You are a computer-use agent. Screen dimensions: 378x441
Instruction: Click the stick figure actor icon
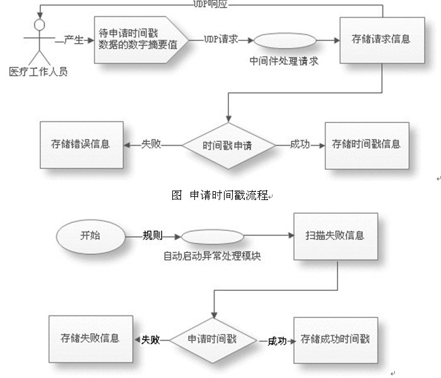pos(38,41)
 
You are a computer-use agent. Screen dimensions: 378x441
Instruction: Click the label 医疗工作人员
pos(38,71)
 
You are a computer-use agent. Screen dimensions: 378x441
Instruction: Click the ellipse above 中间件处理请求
pos(284,40)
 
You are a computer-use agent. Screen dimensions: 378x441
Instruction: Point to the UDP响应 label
pos(209,4)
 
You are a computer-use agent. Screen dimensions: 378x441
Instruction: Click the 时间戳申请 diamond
pos(228,145)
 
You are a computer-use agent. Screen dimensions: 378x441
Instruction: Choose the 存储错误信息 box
pos(80,144)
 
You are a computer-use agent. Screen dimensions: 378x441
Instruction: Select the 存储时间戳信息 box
pos(366,144)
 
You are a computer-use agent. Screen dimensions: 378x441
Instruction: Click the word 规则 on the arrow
pos(153,236)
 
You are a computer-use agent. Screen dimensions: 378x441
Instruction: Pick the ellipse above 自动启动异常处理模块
pos(212,237)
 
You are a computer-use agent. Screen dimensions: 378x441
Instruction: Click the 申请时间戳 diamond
pos(212,339)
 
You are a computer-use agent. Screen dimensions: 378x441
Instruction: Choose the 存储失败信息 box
pos(90,339)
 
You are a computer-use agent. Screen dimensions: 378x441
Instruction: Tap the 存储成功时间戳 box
pos(335,339)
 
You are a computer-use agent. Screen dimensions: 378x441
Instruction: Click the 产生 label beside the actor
pos(74,40)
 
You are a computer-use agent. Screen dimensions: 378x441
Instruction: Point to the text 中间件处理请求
pos(284,62)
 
